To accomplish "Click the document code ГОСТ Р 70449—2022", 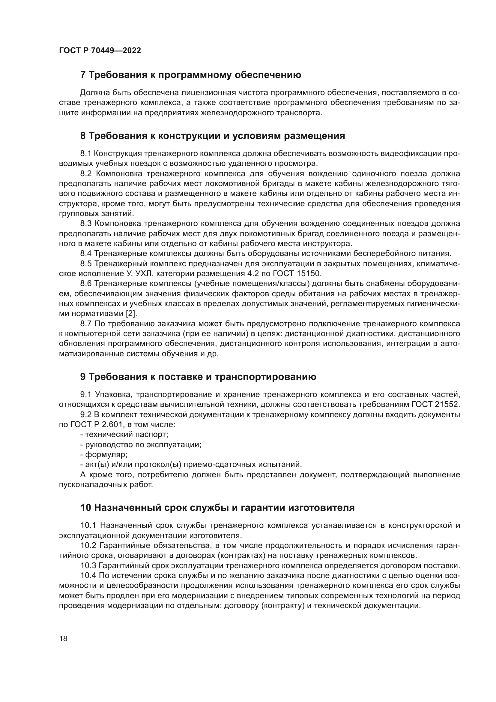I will pos(100,51).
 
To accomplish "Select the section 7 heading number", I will pos(83,75).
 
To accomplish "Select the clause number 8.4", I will pos(86,254).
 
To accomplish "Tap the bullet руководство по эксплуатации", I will pos(143,444).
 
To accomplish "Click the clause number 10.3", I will pos(88,566).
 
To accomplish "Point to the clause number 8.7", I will pos(86,324).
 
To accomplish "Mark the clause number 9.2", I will pos(86,414).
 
